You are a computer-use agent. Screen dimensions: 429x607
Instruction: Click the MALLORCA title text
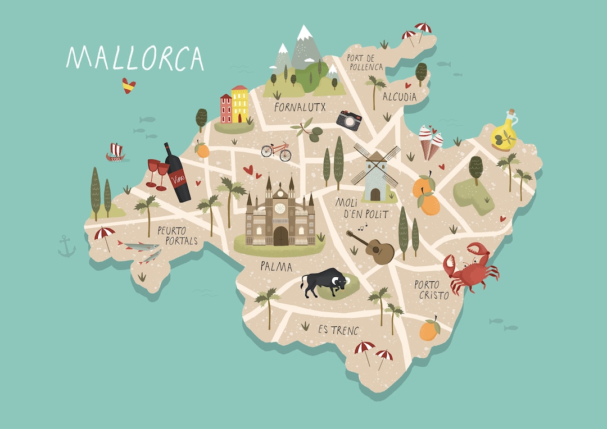[135, 58]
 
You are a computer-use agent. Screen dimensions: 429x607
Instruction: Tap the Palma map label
[276, 266]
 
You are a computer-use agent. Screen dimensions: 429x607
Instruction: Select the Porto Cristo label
[432, 290]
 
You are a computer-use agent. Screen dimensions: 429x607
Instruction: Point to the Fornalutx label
[301, 106]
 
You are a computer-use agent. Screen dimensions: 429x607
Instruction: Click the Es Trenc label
[338, 330]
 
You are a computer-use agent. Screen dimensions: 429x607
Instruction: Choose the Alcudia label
[400, 97]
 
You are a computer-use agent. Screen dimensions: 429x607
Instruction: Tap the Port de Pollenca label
[365, 62]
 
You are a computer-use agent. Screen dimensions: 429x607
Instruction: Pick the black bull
[325, 282]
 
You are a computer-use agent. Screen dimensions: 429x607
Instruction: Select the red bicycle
[276, 150]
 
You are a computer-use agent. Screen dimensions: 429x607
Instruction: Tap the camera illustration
[348, 120]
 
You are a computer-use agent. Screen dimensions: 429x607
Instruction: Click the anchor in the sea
[66, 246]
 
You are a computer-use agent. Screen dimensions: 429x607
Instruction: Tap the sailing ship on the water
[116, 152]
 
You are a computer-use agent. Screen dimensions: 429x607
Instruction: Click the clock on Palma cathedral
[279, 209]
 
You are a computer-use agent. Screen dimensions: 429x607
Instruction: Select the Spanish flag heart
[129, 85]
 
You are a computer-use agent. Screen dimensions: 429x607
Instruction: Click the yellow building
[239, 104]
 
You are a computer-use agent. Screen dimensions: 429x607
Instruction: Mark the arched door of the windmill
[375, 195]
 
